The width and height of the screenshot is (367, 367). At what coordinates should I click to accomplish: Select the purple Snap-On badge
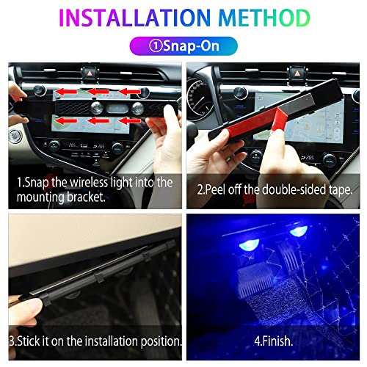183,46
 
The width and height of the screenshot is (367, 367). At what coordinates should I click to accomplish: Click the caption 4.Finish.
275,343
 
